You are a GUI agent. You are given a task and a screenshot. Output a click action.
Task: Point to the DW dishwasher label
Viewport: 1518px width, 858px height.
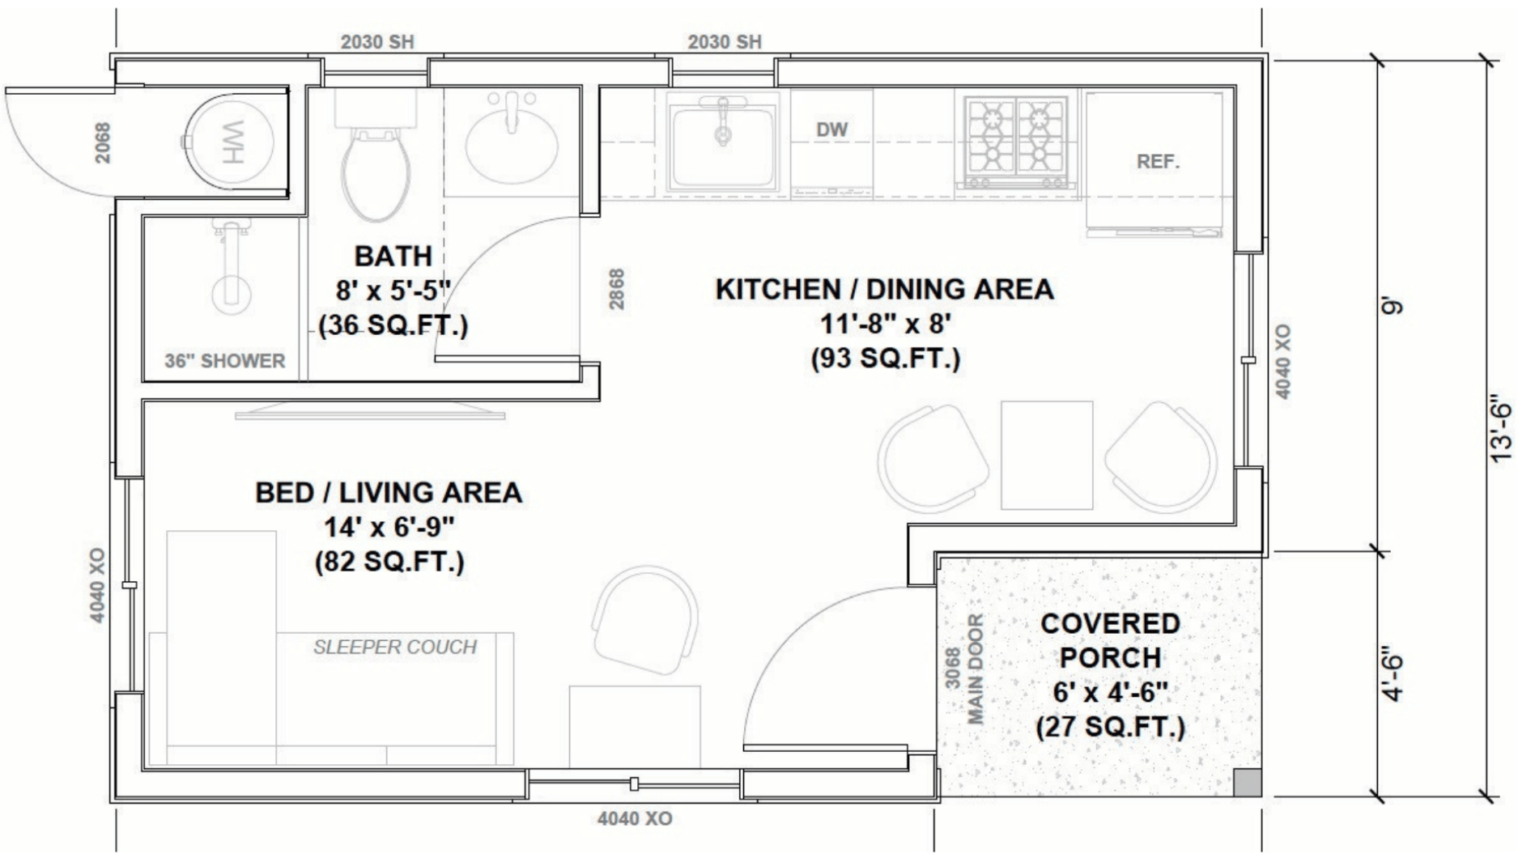coord(831,130)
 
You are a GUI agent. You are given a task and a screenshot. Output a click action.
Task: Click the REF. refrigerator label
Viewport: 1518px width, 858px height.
coord(1158,162)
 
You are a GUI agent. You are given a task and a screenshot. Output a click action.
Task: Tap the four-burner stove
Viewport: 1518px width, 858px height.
coord(1016,142)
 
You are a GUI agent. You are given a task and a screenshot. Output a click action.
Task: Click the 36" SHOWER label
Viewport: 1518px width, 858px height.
coord(224,361)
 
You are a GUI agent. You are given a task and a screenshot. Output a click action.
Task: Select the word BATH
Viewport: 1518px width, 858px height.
coord(393,256)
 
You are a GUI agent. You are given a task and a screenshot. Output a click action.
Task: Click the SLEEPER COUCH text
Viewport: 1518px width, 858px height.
coord(395,647)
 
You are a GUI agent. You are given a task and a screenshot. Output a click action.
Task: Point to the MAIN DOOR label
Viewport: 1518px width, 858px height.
coord(975,669)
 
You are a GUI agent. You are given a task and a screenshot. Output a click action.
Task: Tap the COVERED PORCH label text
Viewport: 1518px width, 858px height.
coord(1110,640)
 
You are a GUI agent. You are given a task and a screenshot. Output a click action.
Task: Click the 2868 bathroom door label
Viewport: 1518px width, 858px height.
coord(617,289)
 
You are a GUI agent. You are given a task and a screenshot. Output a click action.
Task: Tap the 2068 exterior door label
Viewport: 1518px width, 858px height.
coord(103,142)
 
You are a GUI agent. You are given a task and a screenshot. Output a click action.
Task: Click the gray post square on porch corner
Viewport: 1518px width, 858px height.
coord(1248,782)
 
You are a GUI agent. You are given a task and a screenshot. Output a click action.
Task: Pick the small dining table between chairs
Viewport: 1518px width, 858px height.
coord(1047,455)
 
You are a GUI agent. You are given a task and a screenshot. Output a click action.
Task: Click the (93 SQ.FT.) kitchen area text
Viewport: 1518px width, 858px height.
coord(886,358)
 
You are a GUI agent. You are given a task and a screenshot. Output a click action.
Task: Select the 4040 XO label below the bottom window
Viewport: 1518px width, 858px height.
coord(635,819)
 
